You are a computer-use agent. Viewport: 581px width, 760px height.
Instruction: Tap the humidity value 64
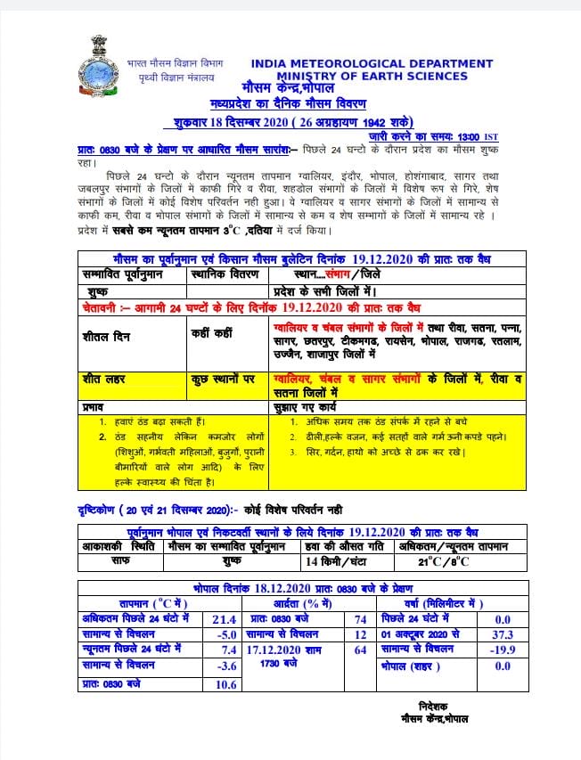coord(360,650)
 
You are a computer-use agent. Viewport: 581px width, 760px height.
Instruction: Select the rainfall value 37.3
coord(503,633)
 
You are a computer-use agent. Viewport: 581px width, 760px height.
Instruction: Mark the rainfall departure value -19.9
coord(502,650)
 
